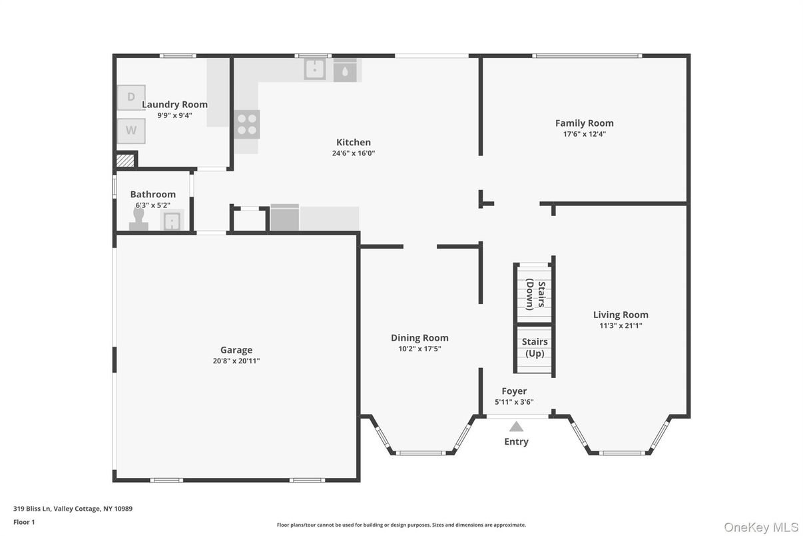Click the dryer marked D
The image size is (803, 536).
click(131, 97)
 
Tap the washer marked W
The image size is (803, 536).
click(131, 131)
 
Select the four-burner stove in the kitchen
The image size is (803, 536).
click(247, 124)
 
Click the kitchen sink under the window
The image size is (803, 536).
click(315, 69)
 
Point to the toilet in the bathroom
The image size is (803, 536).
click(138, 219)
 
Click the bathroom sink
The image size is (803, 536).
click(172, 221)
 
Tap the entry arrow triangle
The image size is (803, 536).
click(516, 427)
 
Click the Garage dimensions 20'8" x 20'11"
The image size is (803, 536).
click(236, 361)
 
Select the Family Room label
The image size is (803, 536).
click(585, 123)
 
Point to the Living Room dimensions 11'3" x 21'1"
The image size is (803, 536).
click(621, 325)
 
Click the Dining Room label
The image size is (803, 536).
click(419, 338)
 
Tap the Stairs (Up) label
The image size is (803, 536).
click(535, 347)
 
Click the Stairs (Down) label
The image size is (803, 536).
click(535, 295)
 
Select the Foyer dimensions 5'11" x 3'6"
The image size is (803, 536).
click(515, 402)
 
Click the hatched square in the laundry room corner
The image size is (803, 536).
click(125, 160)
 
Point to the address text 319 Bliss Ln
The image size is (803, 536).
click(33, 509)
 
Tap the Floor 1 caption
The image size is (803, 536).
click(24, 522)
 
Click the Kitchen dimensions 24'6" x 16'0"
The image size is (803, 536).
click(354, 153)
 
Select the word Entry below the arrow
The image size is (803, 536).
click(516, 441)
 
